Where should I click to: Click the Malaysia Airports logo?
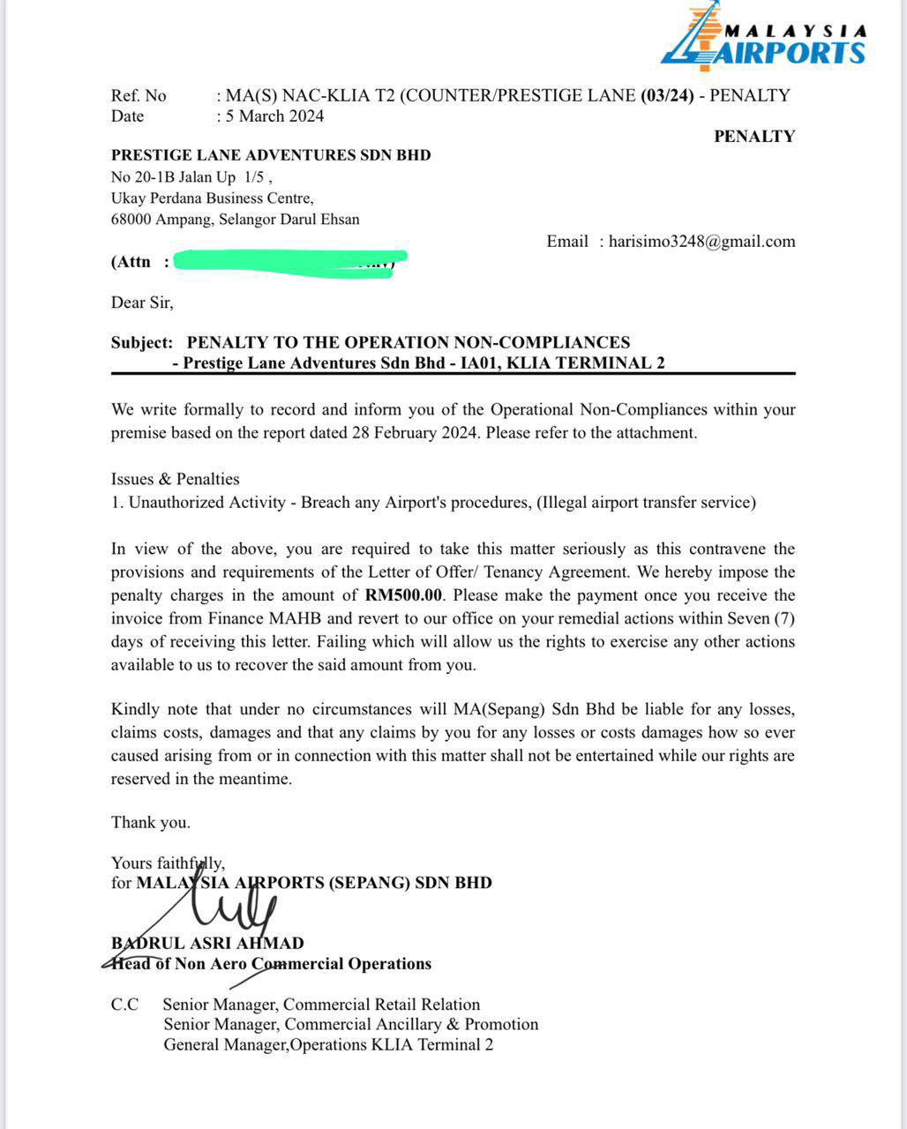763,37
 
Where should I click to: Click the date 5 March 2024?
274,116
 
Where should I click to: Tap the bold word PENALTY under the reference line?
754,136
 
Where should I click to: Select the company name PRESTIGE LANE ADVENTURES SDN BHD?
271,155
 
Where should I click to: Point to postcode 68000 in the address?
131,220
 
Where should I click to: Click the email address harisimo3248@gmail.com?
701,242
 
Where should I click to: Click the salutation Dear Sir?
142,303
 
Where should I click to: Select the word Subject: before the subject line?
142,342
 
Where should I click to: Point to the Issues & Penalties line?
175,479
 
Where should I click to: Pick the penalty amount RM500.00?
403,595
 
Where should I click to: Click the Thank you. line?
150,822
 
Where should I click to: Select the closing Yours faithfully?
168,863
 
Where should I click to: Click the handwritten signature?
234,908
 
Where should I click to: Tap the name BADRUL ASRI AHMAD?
207,943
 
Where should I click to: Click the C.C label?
124,1005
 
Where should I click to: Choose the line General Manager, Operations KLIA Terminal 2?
328,1045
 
